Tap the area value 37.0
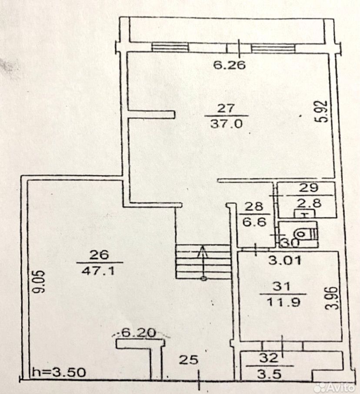[230, 123]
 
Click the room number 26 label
[99, 255]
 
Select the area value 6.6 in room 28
[253, 221]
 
